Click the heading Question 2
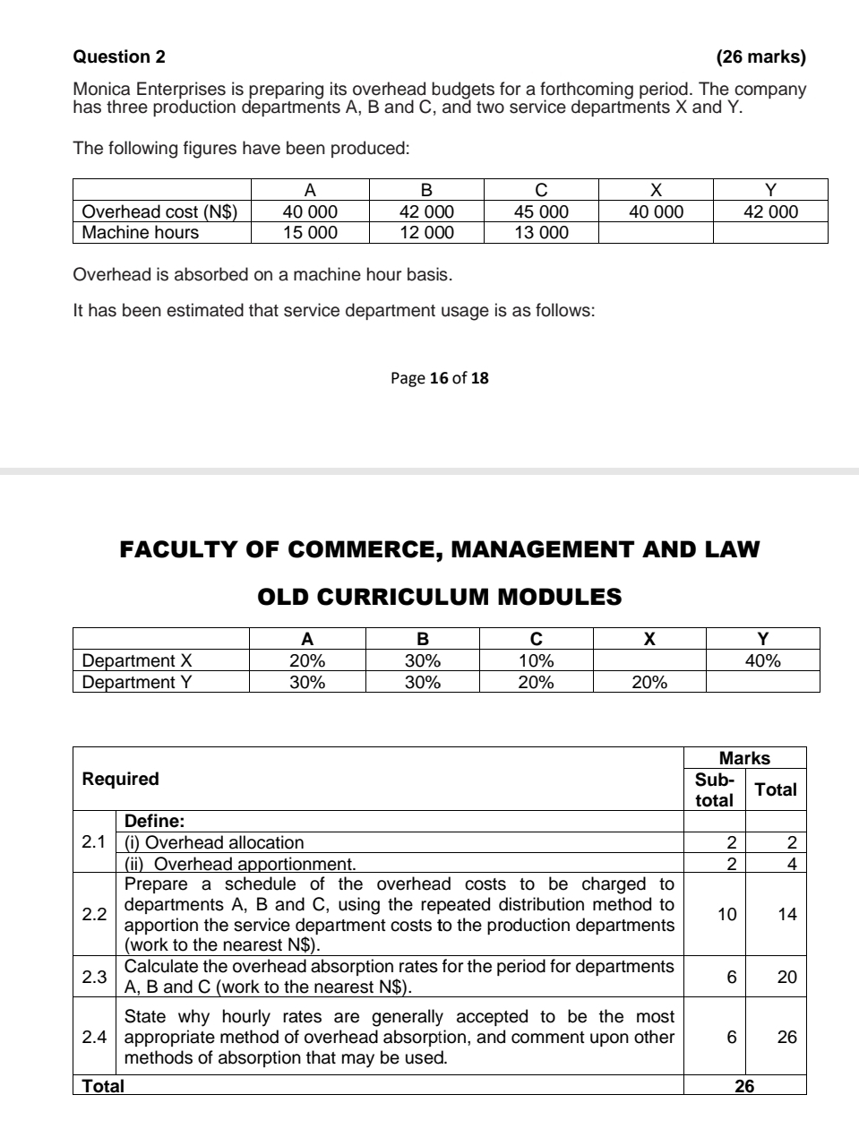(119, 57)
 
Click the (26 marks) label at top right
(760, 57)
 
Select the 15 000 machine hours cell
(310, 233)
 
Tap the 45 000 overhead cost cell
(541, 212)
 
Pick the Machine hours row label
(141, 233)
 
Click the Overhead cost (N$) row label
(159, 212)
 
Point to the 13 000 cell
(541, 233)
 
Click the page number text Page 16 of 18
(440, 378)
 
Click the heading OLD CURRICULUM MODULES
(439, 597)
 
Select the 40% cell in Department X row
(762, 661)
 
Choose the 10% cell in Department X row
(536, 661)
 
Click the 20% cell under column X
(649, 682)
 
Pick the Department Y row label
(137, 682)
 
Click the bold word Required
(120, 779)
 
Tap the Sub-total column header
(714, 789)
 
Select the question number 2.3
(94, 977)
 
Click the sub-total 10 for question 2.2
(726, 914)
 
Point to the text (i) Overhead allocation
(214, 842)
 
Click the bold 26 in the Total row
(744, 1086)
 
